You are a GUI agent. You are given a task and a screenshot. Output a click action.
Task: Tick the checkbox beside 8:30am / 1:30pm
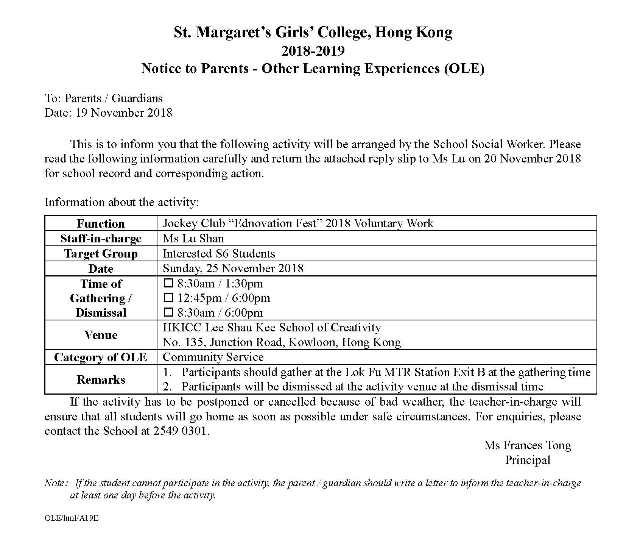[x=168, y=283]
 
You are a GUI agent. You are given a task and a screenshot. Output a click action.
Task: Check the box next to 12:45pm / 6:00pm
[x=168, y=298]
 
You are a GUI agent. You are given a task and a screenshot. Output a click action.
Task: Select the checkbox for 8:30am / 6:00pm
[x=168, y=312]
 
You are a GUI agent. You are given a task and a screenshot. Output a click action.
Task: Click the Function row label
[x=101, y=223]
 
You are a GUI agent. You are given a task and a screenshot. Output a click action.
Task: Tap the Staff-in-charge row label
[x=101, y=239]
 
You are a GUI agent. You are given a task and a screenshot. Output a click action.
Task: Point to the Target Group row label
[x=101, y=254]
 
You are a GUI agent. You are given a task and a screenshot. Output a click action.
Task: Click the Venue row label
[x=101, y=335]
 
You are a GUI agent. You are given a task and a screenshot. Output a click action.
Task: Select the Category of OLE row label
[x=101, y=357]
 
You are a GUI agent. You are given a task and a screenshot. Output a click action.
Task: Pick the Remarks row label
[x=101, y=379]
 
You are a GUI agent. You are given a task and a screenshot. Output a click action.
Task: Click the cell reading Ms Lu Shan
[x=193, y=238]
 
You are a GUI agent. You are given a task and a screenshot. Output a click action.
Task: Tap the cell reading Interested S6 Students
[x=219, y=253]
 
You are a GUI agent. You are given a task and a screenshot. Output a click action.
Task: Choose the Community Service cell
[x=213, y=357]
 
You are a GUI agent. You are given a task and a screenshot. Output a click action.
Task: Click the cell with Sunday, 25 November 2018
[x=233, y=269]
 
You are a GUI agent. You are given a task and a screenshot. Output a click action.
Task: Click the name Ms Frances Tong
[x=528, y=445]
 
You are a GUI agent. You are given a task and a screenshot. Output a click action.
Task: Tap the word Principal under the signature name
[x=528, y=460]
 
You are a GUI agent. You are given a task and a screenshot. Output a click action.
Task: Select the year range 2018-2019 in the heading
[x=313, y=51]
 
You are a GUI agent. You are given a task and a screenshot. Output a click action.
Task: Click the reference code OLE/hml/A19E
[x=72, y=518]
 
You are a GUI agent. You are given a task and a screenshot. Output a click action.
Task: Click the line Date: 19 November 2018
[x=108, y=112]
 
